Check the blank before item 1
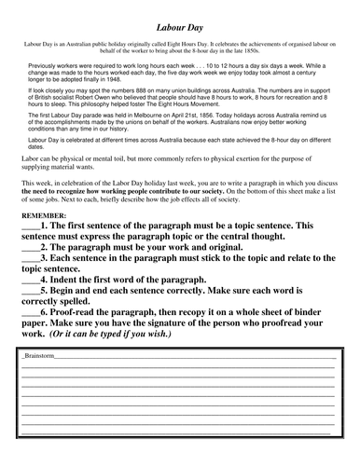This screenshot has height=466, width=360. click(29, 252)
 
